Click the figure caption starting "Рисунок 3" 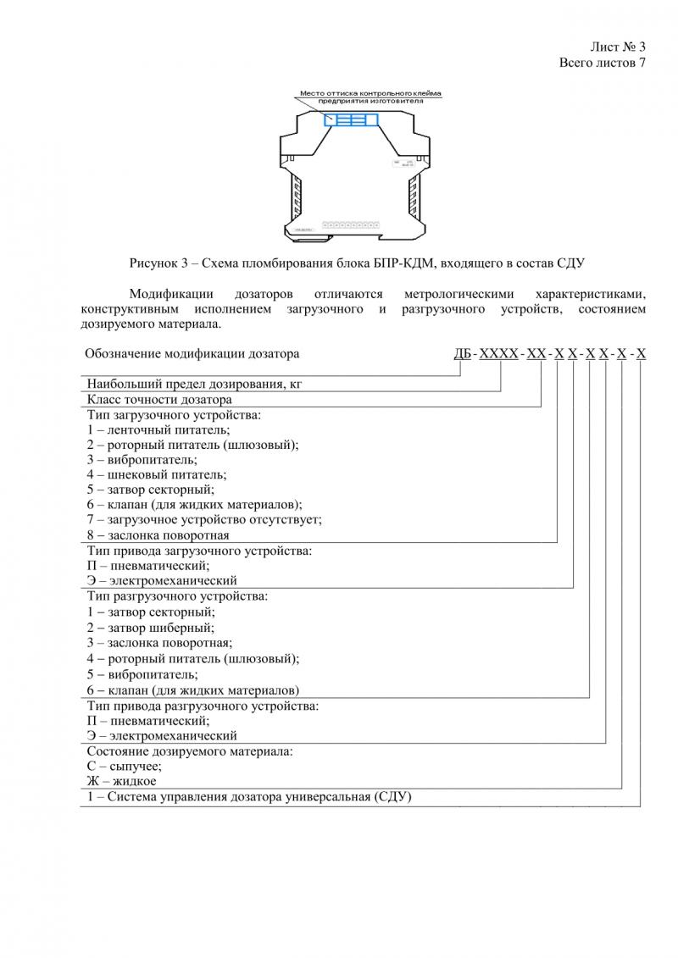[358, 264]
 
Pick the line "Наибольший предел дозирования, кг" [194, 384]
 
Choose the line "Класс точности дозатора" [158, 399]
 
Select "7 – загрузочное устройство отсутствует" [204, 520]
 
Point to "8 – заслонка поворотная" [158, 535]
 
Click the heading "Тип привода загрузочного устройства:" [199, 551]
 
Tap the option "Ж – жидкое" [121, 781]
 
